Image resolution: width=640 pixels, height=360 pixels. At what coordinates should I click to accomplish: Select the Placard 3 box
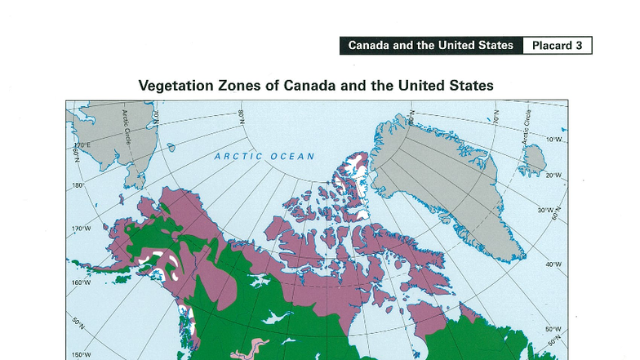coord(557,46)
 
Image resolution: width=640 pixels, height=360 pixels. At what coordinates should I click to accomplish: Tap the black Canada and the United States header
coord(430,46)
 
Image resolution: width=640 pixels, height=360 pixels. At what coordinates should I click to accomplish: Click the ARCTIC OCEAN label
coord(264,156)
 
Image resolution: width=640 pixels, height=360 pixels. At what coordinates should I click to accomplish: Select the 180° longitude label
coord(79,186)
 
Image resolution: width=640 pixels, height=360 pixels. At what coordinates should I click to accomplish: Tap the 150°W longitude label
coord(82,354)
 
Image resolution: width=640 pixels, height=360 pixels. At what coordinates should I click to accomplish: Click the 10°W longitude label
coord(553,140)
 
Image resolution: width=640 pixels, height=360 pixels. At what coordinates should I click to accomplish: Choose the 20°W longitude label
coord(553,176)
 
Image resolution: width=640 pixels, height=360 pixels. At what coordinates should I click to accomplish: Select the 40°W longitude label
coord(553,264)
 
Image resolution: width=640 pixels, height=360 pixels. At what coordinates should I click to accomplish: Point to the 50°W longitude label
coord(553,329)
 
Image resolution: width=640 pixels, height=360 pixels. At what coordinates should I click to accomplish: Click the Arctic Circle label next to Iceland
coord(527,127)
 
